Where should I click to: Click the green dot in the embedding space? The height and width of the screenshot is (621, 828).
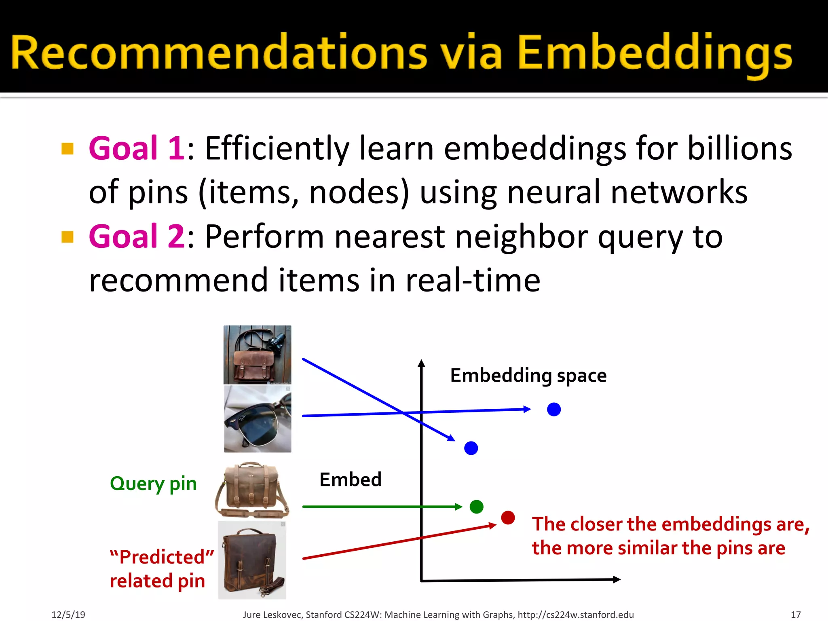pyautogui.click(x=477, y=507)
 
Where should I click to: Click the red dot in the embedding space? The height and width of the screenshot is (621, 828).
pyautogui.click(x=508, y=517)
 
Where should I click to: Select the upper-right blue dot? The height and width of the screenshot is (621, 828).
pyautogui.click(x=554, y=409)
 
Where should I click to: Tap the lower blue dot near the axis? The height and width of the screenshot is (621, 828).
pyautogui.click(x=471, y=448)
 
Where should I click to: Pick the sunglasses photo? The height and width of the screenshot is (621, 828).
pyautogui.click(x=258, y=419)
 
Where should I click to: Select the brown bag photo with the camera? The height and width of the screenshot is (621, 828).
pyautogui.click(x=257, y=355)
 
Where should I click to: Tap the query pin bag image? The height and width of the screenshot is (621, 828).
pyautogui.click(x=252, y=490)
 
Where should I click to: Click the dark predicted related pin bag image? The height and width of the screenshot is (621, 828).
pyautogui.click(x=252, y=560)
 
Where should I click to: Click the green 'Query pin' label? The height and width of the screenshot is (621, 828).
pyautogui.click(x=153, y=484)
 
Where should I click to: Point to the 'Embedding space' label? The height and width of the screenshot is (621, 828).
pyautogui.click(x=528, y=376)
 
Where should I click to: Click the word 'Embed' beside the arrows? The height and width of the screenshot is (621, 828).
pyautogui.click(x=350, y=479)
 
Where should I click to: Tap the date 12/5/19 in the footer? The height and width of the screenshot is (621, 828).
pyautogui.click(x=68, y=615)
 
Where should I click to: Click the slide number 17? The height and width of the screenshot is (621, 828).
pyautogui.click(x=796, y=615)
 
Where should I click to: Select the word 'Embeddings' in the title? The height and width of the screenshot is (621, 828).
pyautogui.click(x=654, y=54)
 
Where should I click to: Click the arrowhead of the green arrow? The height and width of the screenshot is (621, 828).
pyautogui.click(x=459, y=507)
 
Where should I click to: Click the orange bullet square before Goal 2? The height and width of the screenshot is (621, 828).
pyautogui.click(x=68, y=237)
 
